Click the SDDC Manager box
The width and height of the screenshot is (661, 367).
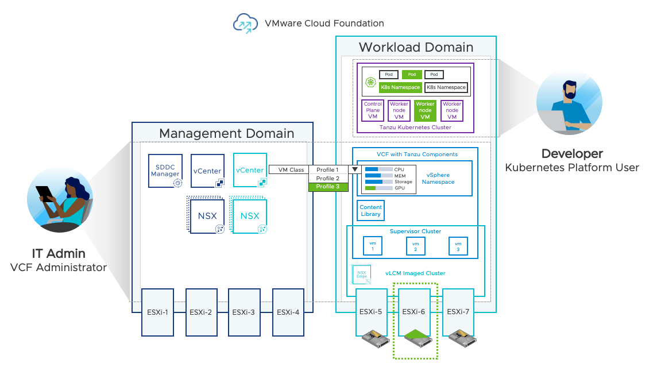(165, 171)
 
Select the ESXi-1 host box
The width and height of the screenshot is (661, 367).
(158, 312)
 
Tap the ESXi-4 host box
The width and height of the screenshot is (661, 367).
(288, 312)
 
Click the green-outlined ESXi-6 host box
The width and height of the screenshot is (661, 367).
(413, 312)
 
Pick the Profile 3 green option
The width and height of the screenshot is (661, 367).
(328, 187)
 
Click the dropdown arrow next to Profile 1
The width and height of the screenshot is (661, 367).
(354, 170)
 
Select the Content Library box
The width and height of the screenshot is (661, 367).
(370, 211)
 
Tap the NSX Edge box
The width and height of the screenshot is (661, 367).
(361, 275)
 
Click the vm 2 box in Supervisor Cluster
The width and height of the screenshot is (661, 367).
(415, 246)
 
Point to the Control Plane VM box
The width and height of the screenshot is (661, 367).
(373, 110)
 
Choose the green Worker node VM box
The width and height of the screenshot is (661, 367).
(425, 110)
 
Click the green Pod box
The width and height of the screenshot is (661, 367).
(412, 75)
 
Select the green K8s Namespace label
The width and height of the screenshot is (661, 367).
(400, 87)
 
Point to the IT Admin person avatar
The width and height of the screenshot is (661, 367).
(60, 201)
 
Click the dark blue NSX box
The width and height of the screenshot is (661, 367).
(207, 216)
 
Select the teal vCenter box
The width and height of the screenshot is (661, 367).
(250, 170)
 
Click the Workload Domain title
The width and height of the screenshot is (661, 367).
(416, 47)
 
